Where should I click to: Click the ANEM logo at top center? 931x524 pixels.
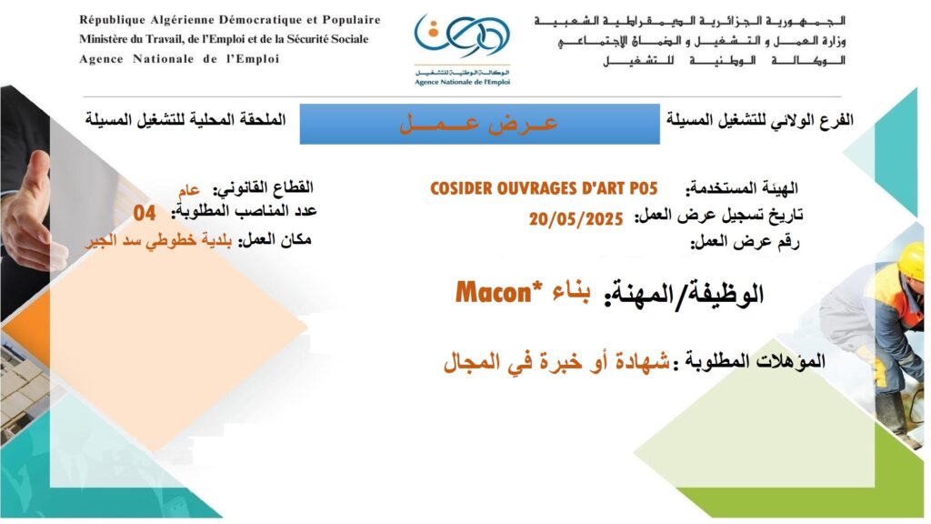[x=462, y=50]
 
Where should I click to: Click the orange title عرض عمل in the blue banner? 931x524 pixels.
[x=478, y=124]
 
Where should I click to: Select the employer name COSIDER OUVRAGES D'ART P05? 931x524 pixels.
[x=544, y=189]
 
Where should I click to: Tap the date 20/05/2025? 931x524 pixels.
[x=576, y=219]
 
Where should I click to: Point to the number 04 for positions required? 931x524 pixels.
[x=145, y=213]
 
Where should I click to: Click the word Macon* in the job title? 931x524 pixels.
[x=493, y=293]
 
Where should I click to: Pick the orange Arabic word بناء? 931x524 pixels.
[x=571, y=292]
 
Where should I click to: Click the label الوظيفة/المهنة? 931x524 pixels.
[x=684, y=294]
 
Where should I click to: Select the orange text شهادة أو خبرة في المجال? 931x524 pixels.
[x=557, y=361]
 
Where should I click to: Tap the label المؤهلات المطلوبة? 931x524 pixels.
[x=749, y=360]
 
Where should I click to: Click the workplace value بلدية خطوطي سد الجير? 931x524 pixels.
[x=158, y=241]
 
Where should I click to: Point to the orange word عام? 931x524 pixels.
[x=189, y=190]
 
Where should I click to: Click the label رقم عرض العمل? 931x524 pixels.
[x=745, y=242]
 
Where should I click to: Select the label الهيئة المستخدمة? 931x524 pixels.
[x=742, y=189]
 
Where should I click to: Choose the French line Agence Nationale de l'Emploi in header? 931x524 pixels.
[x=179, y=59]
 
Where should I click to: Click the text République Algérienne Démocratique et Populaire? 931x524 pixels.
[x=230, y=20]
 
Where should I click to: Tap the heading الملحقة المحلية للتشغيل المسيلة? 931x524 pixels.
[x=185, y=119]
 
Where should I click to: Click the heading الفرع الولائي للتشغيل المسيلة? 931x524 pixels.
[x=760, y=120]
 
